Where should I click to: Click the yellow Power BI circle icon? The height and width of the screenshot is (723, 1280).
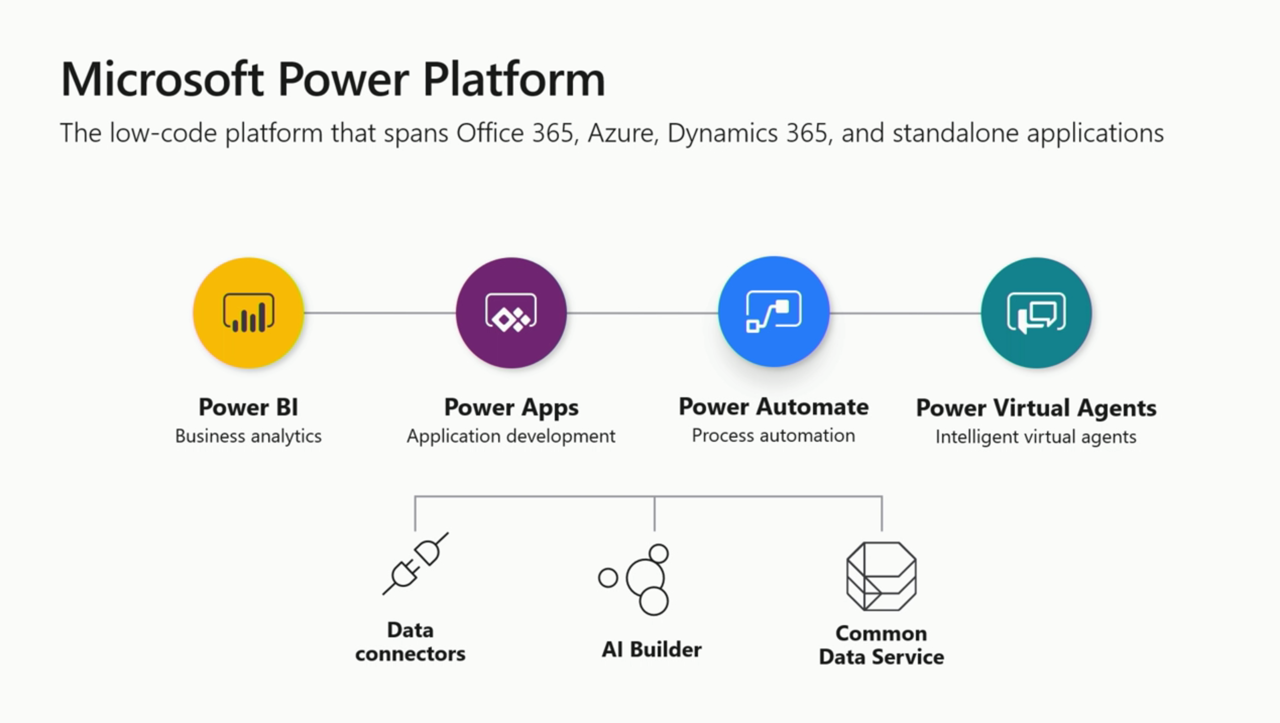(248, 313)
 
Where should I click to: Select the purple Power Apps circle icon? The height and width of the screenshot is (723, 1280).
(511, 313)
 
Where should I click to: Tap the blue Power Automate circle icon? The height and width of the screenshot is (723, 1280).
(774, 312)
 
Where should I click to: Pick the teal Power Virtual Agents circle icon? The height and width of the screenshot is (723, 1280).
(1036, 313)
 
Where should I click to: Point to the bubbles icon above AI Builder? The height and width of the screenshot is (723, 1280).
(635, 579)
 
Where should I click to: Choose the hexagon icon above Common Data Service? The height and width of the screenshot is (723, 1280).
(881, 576)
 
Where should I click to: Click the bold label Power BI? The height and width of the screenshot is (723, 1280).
(248, 407)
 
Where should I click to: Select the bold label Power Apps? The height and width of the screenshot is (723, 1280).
(511, 407)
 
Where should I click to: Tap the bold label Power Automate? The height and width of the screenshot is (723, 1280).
(774, 406)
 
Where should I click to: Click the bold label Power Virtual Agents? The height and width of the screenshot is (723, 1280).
(1036, 407)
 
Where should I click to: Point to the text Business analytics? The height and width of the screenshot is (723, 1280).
(248, 436)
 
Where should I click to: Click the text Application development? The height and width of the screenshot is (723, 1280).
(511, 436)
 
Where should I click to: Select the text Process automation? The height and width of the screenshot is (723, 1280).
(774, 435)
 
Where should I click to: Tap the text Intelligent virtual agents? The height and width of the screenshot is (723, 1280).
(1036, 437)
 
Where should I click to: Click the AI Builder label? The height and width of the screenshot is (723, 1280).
(651, 649)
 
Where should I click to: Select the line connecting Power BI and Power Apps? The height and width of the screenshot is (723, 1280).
(379, 313)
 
